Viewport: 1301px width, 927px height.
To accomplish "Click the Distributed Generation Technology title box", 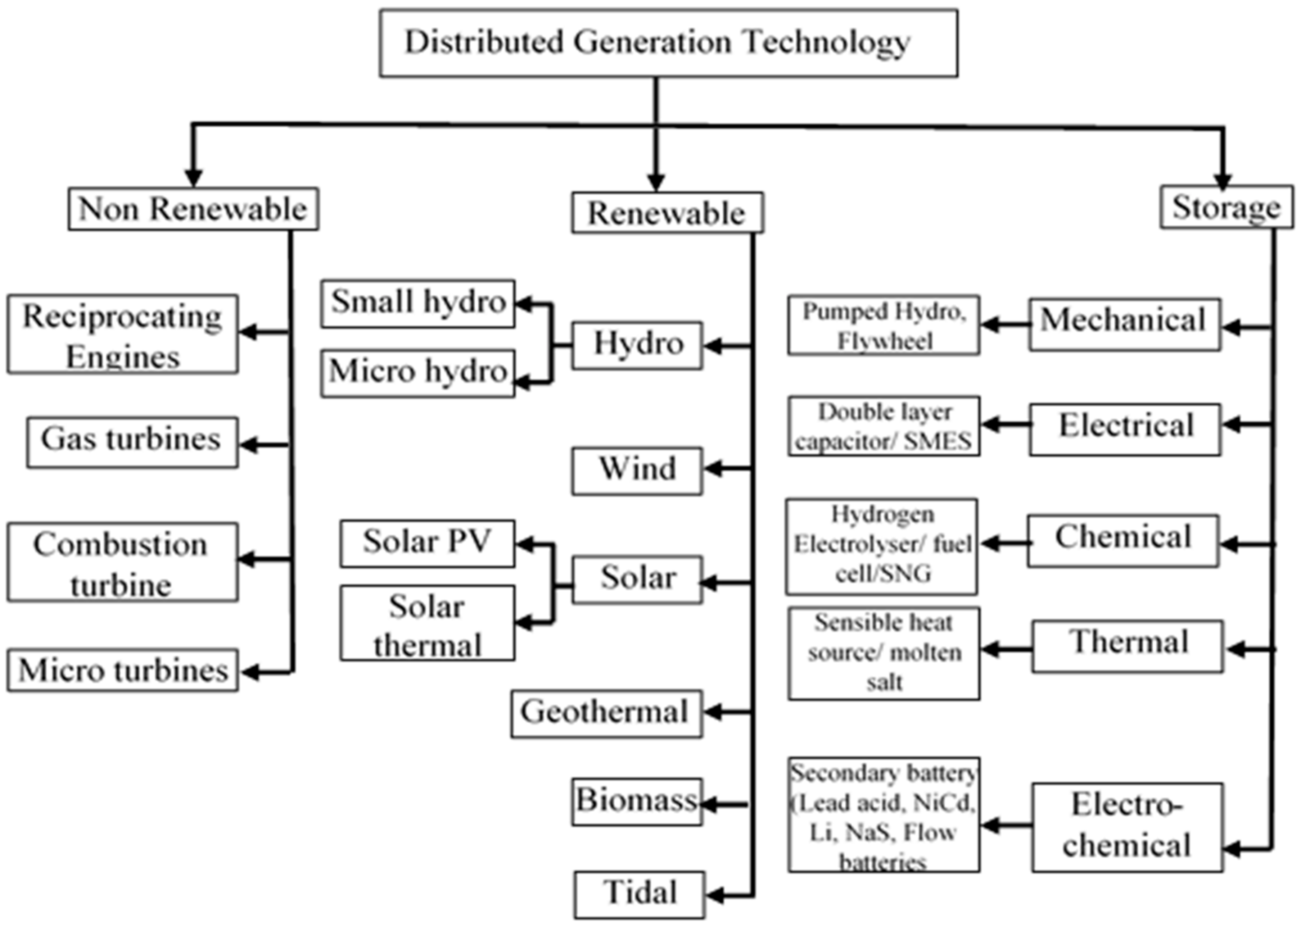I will click(668, 43).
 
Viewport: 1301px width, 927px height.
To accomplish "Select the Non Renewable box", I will click(193, 209).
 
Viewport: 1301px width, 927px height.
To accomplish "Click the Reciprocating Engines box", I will click(122, 335).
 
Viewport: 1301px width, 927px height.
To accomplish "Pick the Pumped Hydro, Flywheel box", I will click(884, 325).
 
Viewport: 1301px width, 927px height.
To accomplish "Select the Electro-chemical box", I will click(1127, 827).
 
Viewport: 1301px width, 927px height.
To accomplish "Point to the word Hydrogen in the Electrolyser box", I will click(883, 515).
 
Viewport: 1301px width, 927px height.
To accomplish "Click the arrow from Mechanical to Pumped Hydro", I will click(1005, 325).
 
